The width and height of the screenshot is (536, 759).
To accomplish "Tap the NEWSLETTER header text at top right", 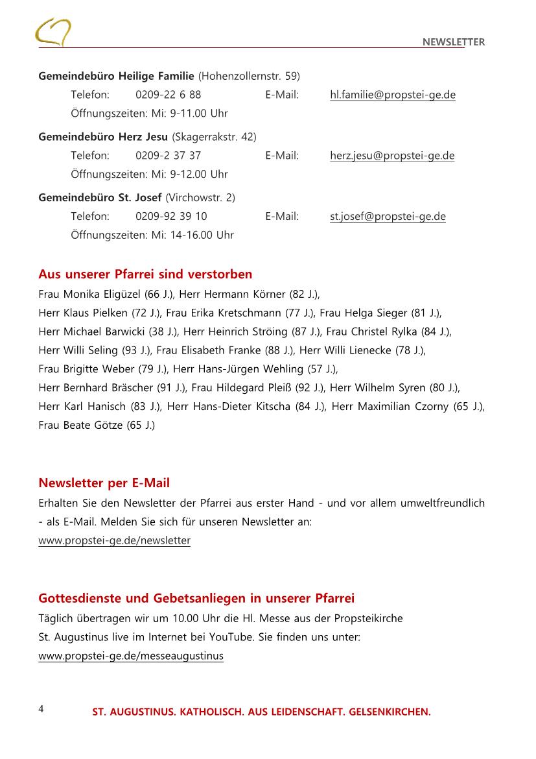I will click(x=453, y=42).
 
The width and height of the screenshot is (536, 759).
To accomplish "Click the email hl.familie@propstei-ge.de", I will click(x=392, y=95).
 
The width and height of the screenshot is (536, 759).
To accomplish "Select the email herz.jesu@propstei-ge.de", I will click(x=392, y=156).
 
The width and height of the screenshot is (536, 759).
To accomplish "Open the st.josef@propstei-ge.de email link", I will click(x=388, y=217).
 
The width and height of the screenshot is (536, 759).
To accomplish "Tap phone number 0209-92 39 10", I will click(x=171, y=217).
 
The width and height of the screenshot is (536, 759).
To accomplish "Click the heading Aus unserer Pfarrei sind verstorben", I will click(x=145, y=274).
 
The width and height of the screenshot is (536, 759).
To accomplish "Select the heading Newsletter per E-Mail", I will click(x=104, y=483).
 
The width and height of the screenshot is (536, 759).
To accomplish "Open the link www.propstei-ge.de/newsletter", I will click(x=114, y=540).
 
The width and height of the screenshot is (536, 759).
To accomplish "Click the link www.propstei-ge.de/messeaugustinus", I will click(x=131, y=656).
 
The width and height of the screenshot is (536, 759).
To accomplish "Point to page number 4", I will click(x=41, y=708).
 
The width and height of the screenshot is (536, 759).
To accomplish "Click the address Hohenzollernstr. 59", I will click(x=249, y=76).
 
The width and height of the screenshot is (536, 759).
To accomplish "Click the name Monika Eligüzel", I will click(x=99, y=294).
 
